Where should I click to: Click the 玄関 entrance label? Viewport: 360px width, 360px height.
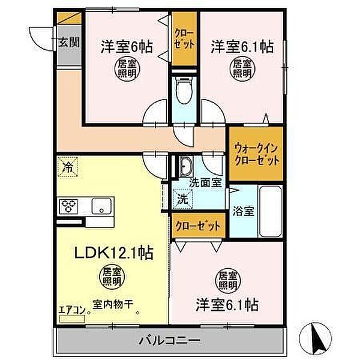click(x=68, y=43)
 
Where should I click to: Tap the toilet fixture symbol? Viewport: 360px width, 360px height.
click(x=184, y=90)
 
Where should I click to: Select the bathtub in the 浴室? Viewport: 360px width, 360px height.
click(x=270, y=211)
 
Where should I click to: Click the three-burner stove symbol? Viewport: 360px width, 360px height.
click(x=68, y=206)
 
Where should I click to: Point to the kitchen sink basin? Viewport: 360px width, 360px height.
click(x=101, y=206)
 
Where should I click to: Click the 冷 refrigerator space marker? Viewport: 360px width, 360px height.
click(x=67, y=167)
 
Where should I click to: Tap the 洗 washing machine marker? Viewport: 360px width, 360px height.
click(x=183, y=199)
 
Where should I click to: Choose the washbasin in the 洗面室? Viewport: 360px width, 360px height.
click(x=185, y=166)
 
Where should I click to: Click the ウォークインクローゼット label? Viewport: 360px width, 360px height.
click(x=256, y=154)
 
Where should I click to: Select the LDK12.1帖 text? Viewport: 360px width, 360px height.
click(x=113, y=253)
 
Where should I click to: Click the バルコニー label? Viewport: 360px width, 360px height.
click(x=169, y=341)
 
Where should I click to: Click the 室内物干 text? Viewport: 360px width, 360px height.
click(x=113, y=304)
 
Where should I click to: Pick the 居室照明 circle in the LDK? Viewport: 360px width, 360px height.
click(x=112, y=277)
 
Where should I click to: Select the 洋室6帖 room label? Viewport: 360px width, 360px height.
click(x=127, y=47)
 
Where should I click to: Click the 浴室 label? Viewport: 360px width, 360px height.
click(x=244, y=211)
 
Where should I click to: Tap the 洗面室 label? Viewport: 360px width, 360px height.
click(x=205, y=183)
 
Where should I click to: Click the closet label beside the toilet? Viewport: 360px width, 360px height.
click(x=185, y=39)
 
